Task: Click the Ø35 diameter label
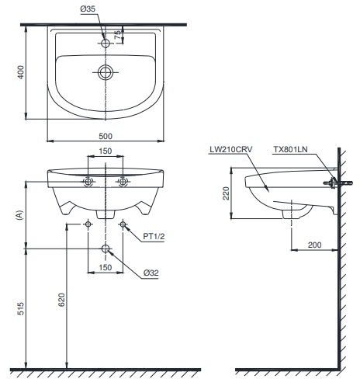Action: point(88,9)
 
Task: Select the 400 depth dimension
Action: point(21,72)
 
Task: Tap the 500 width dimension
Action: point(106,136)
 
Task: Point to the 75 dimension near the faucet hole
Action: point(118,35)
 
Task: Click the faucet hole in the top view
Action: point(106,43)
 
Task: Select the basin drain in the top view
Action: point(106,72)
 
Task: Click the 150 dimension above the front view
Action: point(106,151)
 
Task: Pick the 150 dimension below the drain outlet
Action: point(106,267)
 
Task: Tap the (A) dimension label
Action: point(19,215)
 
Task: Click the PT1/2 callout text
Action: point(154,236)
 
